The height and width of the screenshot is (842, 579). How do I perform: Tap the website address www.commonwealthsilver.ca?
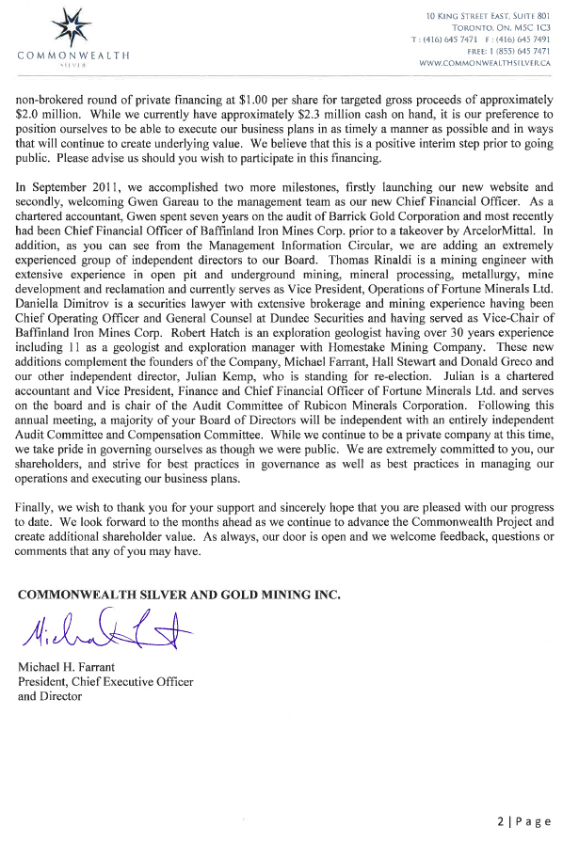point(484,63)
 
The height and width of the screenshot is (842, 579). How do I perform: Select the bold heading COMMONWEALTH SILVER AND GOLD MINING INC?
point(179,594)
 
